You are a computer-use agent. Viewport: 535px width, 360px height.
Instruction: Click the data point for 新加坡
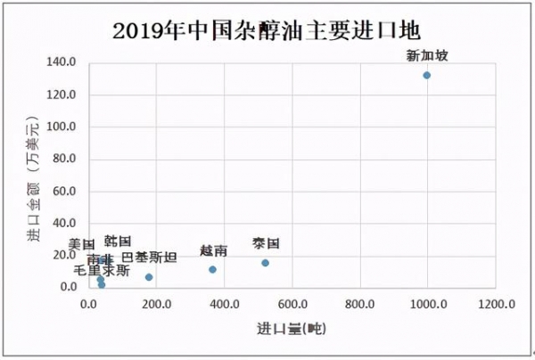coord(426,75)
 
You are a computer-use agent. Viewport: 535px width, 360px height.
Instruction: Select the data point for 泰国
coord(265,263)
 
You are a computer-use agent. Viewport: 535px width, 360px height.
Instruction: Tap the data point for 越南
coord(212,269)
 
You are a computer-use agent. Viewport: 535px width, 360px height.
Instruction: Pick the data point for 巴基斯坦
coord(149,277)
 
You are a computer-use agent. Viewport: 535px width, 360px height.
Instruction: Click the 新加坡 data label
coord(427,56)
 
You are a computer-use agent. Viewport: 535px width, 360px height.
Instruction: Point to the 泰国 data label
coord(266,243)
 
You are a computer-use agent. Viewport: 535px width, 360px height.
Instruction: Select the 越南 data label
coord(213,250)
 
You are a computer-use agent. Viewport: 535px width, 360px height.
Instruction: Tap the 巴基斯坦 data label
coord(149,258)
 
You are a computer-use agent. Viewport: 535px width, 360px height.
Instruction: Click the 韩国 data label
coord(118,241)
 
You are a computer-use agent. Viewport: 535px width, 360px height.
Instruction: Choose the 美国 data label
coord(81,244)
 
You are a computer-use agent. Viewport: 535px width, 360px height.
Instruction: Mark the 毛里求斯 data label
coord(101,269)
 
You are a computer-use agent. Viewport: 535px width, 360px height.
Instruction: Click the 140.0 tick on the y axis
coord(64,62)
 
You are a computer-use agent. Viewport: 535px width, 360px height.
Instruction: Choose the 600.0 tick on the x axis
coord(292,305)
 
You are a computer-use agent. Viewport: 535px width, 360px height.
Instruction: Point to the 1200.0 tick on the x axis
coord(495,305)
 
